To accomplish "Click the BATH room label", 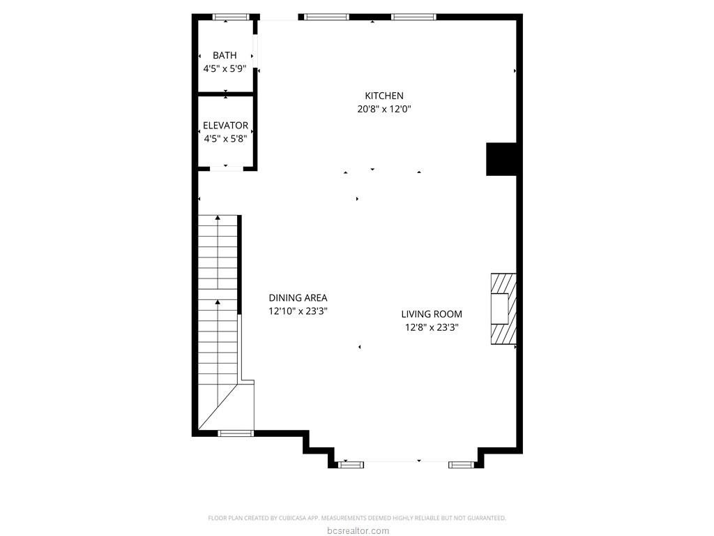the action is click(x=225, y=55).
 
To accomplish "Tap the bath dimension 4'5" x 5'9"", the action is click(x=225, y=69).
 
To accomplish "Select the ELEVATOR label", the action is click(x=225, y=126).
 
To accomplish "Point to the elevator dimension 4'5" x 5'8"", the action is click(x=225, y=139).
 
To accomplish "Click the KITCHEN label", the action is click(x=384, y=96).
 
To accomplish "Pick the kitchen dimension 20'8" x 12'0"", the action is click(x=384, y=110).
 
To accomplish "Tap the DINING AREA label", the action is click(x=298, y=297).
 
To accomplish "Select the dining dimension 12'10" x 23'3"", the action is click(x=298, y=311).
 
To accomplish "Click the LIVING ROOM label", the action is click(x=431, y=314).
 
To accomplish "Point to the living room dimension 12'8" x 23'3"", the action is click(x=431, y=327).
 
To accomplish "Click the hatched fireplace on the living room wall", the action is click(x=503, y=308).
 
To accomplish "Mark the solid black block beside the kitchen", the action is click(x=501, y=159).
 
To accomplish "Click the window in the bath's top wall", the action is click(x=231, y=17).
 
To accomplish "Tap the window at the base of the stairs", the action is click(x=236, y=433).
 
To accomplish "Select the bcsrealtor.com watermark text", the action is click(x=358, y=530).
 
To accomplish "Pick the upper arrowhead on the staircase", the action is click(x=218, y=218).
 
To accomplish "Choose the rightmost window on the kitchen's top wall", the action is click(x=413, y=17).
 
